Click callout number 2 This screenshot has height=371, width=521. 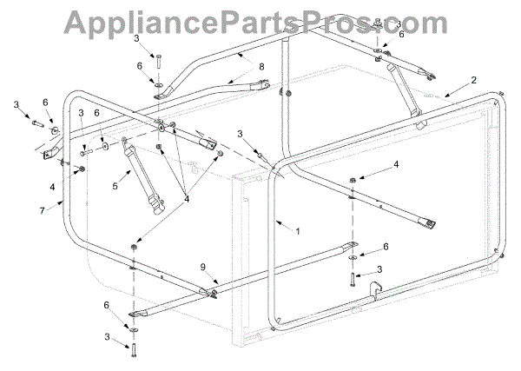(x=473, y=80)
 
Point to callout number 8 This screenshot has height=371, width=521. (x=260, y=67)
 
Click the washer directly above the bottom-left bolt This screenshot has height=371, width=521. (x=135, y=328)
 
